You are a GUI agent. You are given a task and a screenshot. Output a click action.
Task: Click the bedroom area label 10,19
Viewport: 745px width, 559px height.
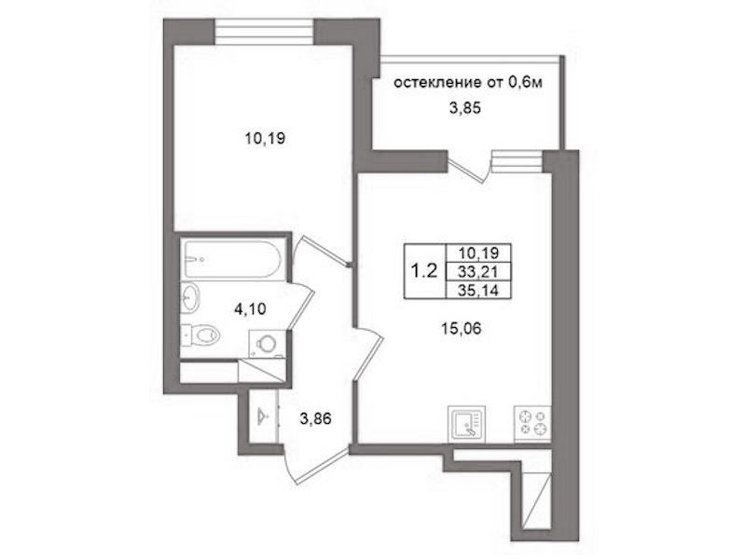(265, 139)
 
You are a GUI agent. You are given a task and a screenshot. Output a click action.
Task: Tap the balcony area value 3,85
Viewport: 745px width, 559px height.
(465, 108)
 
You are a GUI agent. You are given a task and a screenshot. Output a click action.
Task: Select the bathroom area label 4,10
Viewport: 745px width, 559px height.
(250, 309)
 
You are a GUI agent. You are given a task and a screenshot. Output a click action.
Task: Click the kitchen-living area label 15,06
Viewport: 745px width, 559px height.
(462, 328)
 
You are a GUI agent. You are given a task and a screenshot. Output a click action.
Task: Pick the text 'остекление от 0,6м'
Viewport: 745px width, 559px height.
(468, 83)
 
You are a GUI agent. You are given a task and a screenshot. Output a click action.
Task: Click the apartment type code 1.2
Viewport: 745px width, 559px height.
(423, 271)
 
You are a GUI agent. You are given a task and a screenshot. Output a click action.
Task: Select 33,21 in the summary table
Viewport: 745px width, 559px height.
(478, 271)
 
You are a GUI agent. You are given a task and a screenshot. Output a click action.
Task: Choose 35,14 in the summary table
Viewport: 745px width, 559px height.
(478, 290)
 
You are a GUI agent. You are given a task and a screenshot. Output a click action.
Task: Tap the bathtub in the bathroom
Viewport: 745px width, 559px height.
(233, 259)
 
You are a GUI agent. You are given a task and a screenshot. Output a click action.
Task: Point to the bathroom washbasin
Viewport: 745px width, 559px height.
(190, 298)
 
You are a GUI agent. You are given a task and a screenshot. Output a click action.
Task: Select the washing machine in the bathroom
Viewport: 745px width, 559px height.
(268, 344)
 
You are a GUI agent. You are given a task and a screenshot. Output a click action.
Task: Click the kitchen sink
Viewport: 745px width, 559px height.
(466, 423)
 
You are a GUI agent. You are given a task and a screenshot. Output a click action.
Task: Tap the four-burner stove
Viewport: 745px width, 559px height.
(532, 423)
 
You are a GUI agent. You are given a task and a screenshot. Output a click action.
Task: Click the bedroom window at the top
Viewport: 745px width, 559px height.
(265, 32)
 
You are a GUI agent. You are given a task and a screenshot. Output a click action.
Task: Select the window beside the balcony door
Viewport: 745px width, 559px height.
(517, 160)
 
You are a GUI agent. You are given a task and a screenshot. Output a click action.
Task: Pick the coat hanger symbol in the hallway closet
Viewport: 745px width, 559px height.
(263, 416)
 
